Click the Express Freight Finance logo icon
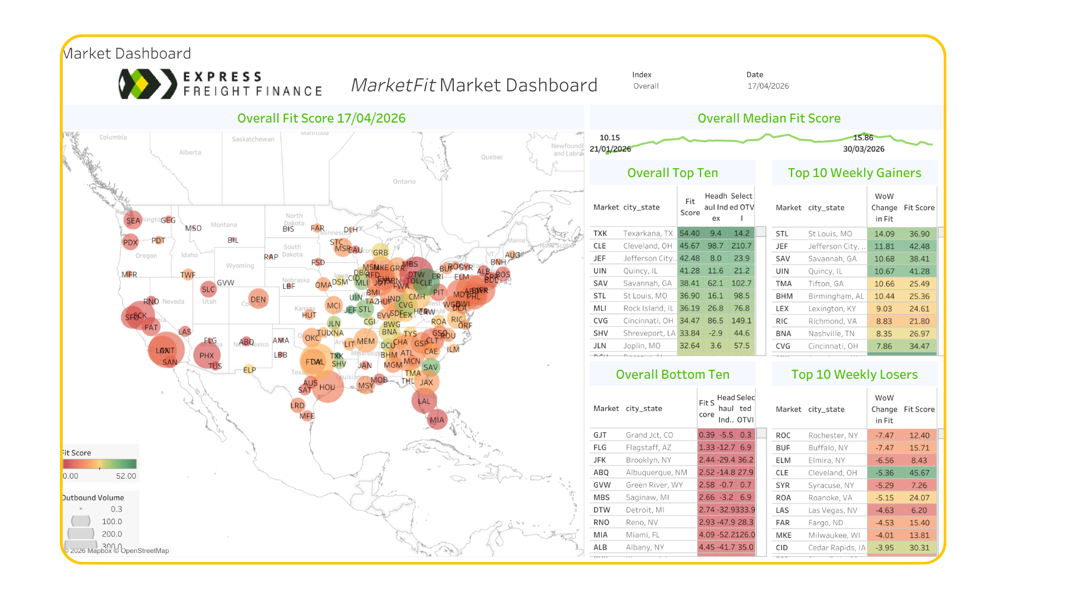pos(140,84)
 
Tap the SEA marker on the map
pos(133,220)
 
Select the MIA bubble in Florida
pos(437,419)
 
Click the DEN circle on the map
pos(258,299)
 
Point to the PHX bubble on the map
pos(206,356)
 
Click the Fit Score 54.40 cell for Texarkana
pos(689,233)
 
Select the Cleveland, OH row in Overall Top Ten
pos(647,246)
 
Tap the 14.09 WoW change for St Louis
pos(884,234)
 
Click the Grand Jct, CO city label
pos(649,435)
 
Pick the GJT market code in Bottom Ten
pos(600,435)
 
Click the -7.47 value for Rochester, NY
pos(884,435)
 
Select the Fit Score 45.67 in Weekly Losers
pos(919,473)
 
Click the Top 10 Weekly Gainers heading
pos(854,173)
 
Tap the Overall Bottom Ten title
pos(672,374)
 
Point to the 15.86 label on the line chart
pos(863,138)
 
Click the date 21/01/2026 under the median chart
pos(610,149)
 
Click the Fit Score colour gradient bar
pos(100,464)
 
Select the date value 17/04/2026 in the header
pos(768,86)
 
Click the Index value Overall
pos(646,86)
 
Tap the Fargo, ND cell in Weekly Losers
pos(825,522)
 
